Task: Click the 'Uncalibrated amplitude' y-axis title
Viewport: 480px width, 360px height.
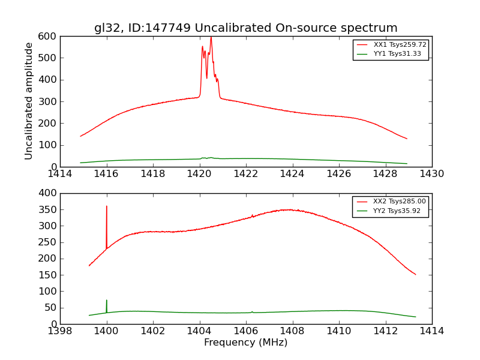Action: (x=29, y=101)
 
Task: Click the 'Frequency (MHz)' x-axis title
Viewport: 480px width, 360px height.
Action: (x=245, y=343)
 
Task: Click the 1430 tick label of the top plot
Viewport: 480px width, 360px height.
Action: (x=431, y=174)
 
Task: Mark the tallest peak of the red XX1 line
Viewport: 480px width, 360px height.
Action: (x=211, y=38)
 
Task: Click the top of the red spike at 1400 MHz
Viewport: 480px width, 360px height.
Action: (x=107, y=206)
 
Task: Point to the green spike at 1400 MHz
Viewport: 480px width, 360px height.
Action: (x=107, y=300)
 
